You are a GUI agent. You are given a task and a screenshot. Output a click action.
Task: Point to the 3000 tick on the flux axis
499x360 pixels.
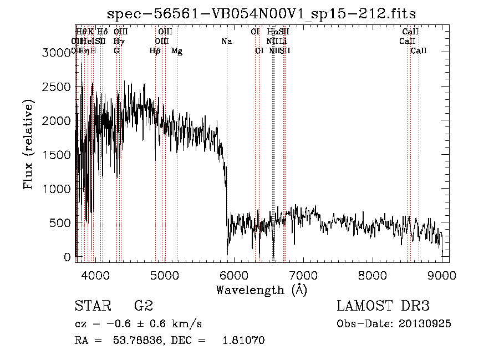pyautogui.click(x=57, y=53)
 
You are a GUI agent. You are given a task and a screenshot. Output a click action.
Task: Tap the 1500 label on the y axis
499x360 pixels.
pyautogui.click(x=57, y=155)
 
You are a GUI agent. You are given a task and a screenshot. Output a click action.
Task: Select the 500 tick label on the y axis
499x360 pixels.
pyautogui.click(x=61, y=223)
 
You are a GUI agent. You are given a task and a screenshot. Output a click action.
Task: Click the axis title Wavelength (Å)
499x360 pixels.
pyautogui.click(x=261, y=290)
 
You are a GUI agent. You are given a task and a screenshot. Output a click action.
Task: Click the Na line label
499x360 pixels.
pyautogui.click(x=226, y=41)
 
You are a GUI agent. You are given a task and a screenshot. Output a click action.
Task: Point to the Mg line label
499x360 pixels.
pyautogui.click(x=177, y=51)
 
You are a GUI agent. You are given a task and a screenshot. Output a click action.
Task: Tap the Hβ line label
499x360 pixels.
pyautogui.click(x=155, y=51)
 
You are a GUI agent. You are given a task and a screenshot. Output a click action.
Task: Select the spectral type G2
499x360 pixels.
pyautogui.click(x=143, y=306)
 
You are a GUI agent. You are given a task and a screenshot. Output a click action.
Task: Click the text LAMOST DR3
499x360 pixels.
pyautogui.click(x=383, y=306)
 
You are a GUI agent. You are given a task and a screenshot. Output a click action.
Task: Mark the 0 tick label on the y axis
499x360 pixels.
pyautogui.click(x=68, y=257)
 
